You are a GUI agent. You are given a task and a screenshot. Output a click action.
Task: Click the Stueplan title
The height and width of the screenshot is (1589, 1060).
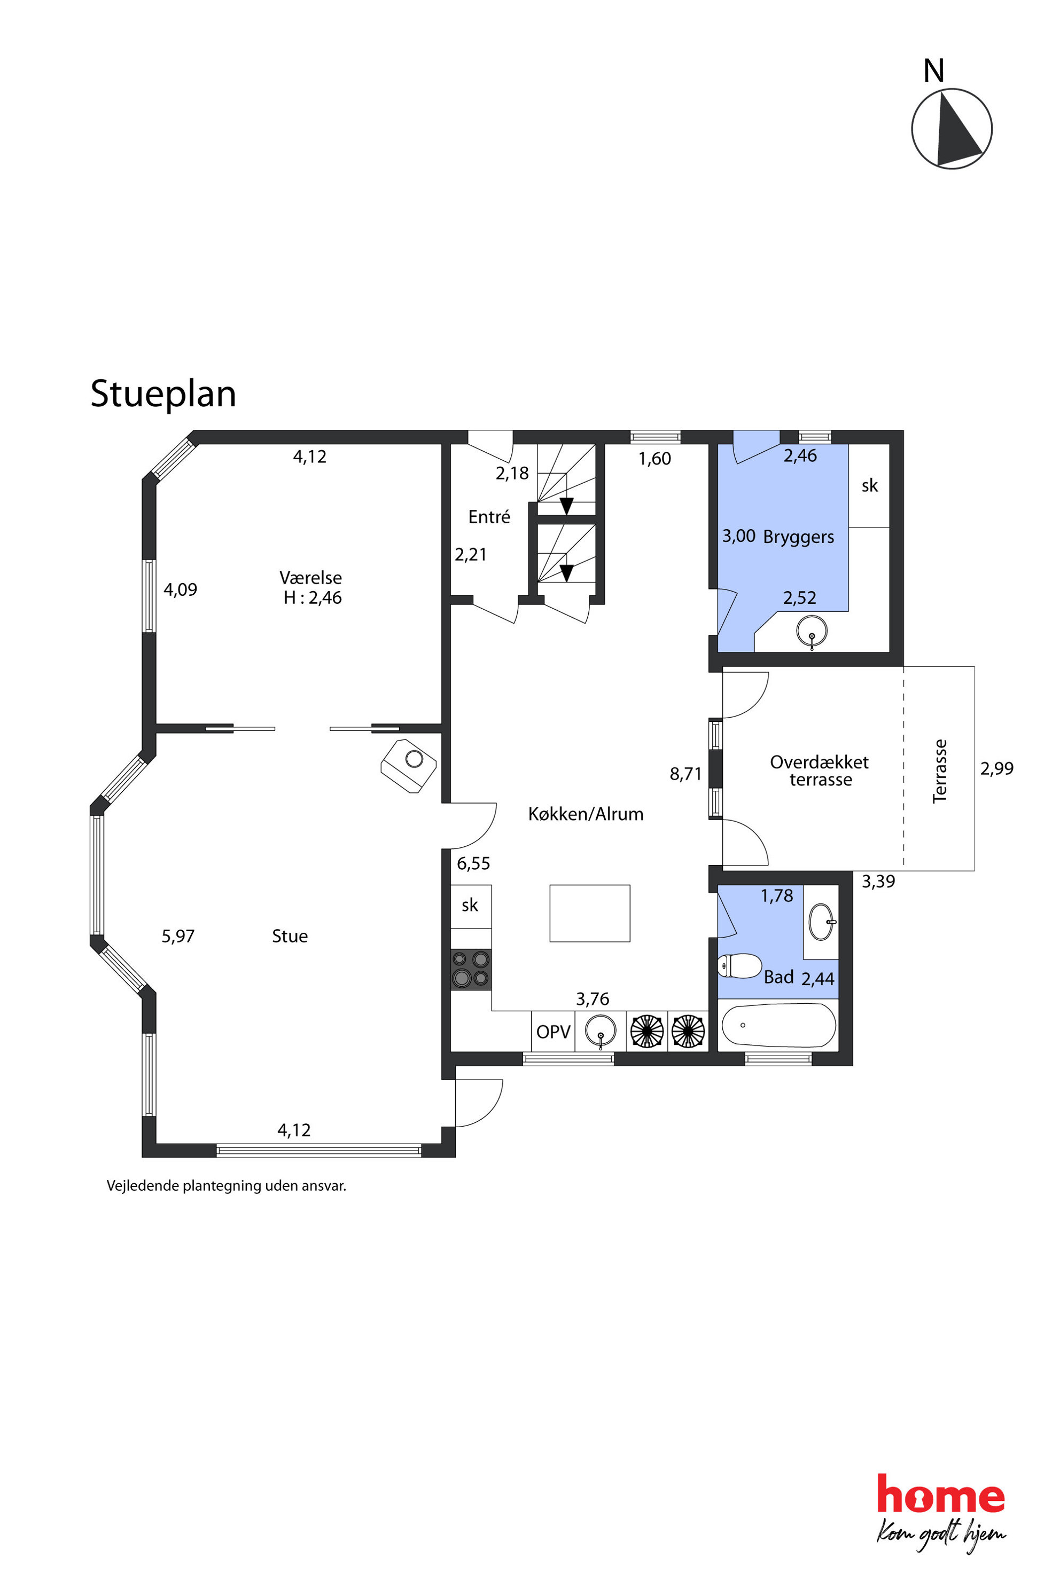click(163, 394)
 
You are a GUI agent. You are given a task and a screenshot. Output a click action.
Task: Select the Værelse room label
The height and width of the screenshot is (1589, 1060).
click(311, 578)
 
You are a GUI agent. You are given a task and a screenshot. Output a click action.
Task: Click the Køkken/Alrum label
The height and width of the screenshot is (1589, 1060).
click(586, 814)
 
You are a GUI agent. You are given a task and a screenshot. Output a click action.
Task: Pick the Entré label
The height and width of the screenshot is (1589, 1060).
click(489, 517)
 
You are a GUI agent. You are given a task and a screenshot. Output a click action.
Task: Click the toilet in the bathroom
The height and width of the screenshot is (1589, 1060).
click(739, 966)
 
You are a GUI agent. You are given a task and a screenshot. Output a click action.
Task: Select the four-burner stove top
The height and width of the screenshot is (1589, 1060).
click(471, 970)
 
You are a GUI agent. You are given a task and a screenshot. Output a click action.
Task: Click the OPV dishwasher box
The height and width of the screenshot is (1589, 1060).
click(553, 1032)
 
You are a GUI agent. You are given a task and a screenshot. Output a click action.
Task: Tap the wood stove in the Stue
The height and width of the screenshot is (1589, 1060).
click(409, 766)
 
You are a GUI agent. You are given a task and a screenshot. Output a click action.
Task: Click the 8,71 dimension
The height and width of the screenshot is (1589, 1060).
click(685, 774)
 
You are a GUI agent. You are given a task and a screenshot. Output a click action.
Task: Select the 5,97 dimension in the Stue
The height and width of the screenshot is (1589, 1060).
click(178, 937)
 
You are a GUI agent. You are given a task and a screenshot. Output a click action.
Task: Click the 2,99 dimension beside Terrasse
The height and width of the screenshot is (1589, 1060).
click(996, 768)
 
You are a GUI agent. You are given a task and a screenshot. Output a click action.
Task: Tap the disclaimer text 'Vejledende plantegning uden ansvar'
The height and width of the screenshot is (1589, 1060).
click(227, 1186)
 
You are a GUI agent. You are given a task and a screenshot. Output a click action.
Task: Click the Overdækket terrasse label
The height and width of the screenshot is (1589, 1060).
click(820, 771)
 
